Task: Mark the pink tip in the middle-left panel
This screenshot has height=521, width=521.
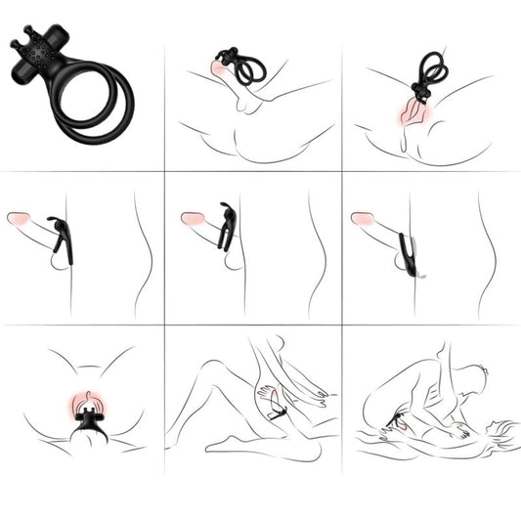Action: point(18,218)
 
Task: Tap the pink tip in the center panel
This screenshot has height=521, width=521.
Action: point(193,219)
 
